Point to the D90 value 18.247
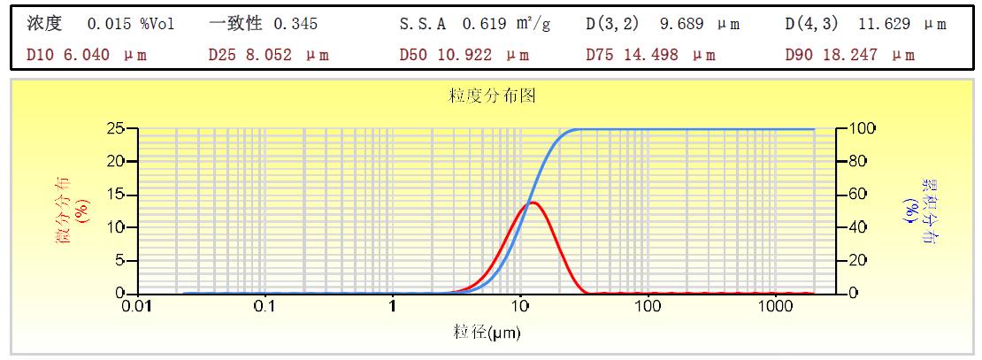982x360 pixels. pos(848,55)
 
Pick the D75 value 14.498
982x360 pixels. pos(648,55)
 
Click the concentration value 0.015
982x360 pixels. pos(107,24)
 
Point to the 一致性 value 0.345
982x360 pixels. pos(295,24)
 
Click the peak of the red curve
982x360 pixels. pos(533,203)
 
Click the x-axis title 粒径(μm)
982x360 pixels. pos(487,333)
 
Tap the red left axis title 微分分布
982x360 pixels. pos(65,211)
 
